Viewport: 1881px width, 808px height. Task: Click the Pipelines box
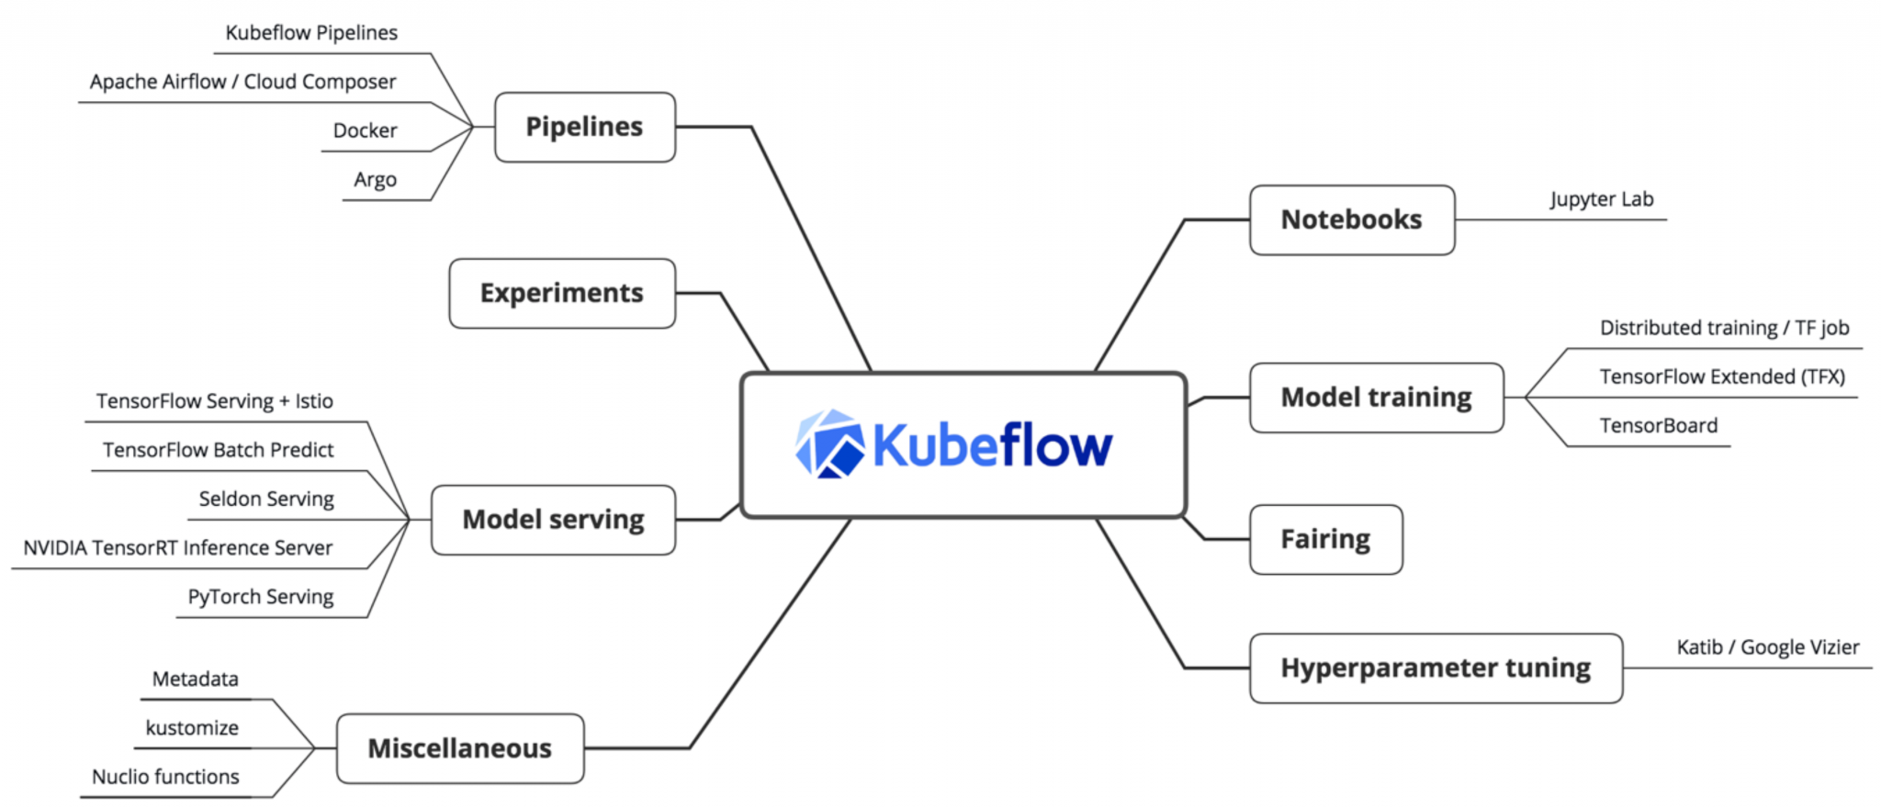(x=585, y=128)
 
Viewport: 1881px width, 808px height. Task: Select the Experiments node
(x=562, y=294)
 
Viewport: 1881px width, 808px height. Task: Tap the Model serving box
(x=553, y=520)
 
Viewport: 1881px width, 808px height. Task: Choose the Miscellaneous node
(x=460, y=748)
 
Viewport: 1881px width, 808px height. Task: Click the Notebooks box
(x=1351, y=220)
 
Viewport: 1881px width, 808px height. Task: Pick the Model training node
(x=1376, y=398)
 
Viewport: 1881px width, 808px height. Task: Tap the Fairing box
(x=1325, y=539)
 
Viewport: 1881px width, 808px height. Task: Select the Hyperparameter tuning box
(x=1436, y=668)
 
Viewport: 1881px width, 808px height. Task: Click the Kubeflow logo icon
(x=829, y=444)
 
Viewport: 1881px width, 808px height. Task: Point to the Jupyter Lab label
(x=1602, y=199)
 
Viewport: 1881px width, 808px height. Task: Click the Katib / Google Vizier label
(x=1767, y=647)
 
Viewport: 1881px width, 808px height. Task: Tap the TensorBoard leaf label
(x=1658, y=426)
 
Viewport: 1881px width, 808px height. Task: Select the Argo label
(x=375, y=180)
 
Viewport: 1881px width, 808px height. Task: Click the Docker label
(x=365, y=131)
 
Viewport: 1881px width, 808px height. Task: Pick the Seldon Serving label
(x=266, y=499)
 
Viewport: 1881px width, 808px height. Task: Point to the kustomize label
(x=192, y=728)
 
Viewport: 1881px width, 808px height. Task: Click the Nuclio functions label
(x=165, y=777)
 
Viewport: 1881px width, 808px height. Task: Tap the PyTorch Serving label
(x=261, y=597)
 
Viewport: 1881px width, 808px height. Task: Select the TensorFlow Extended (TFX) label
(x=1721, y=376)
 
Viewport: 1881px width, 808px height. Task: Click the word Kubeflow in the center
(x=992, y=446)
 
